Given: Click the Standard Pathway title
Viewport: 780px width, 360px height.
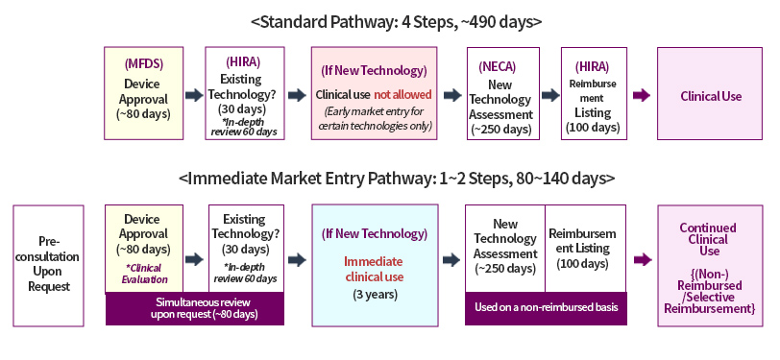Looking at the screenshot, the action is (x=397, y=22).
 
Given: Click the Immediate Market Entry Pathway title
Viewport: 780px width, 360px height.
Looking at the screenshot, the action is (x=397, y=179).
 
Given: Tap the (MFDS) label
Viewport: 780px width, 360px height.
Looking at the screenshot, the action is (x=144, y=63).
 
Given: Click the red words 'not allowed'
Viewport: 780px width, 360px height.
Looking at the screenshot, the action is (x=402, y=94).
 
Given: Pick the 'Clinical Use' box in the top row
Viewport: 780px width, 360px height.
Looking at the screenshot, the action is (x=709, y=93).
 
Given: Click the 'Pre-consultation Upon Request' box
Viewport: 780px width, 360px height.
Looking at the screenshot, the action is (x=48, y=266).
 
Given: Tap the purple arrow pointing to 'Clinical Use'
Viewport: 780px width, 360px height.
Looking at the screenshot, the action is (x=642, y=95).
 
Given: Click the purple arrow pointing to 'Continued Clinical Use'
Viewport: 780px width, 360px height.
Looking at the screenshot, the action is (x=643, y=259).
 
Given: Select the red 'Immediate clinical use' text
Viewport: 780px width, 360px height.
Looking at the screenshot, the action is (x=375, y=269).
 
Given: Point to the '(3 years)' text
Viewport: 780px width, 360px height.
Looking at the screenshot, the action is (x=375, y=295).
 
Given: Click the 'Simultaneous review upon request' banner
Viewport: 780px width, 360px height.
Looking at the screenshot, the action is (x=194, y=308).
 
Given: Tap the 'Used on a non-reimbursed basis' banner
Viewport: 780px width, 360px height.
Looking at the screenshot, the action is (x=546, y=308).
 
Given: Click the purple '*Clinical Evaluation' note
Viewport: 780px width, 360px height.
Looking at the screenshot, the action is (x=144, y=274).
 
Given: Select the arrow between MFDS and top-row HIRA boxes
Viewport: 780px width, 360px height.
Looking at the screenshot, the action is (x=194, y=95).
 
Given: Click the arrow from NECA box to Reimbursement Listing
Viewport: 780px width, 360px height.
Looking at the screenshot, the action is (x=550, y=95).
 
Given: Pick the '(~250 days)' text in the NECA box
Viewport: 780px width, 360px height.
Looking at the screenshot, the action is (x=503, y=130).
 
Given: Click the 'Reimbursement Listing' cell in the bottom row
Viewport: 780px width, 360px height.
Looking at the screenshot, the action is (x=586, y=248).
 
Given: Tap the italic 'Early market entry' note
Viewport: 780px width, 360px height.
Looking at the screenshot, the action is (x=374, y=118).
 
